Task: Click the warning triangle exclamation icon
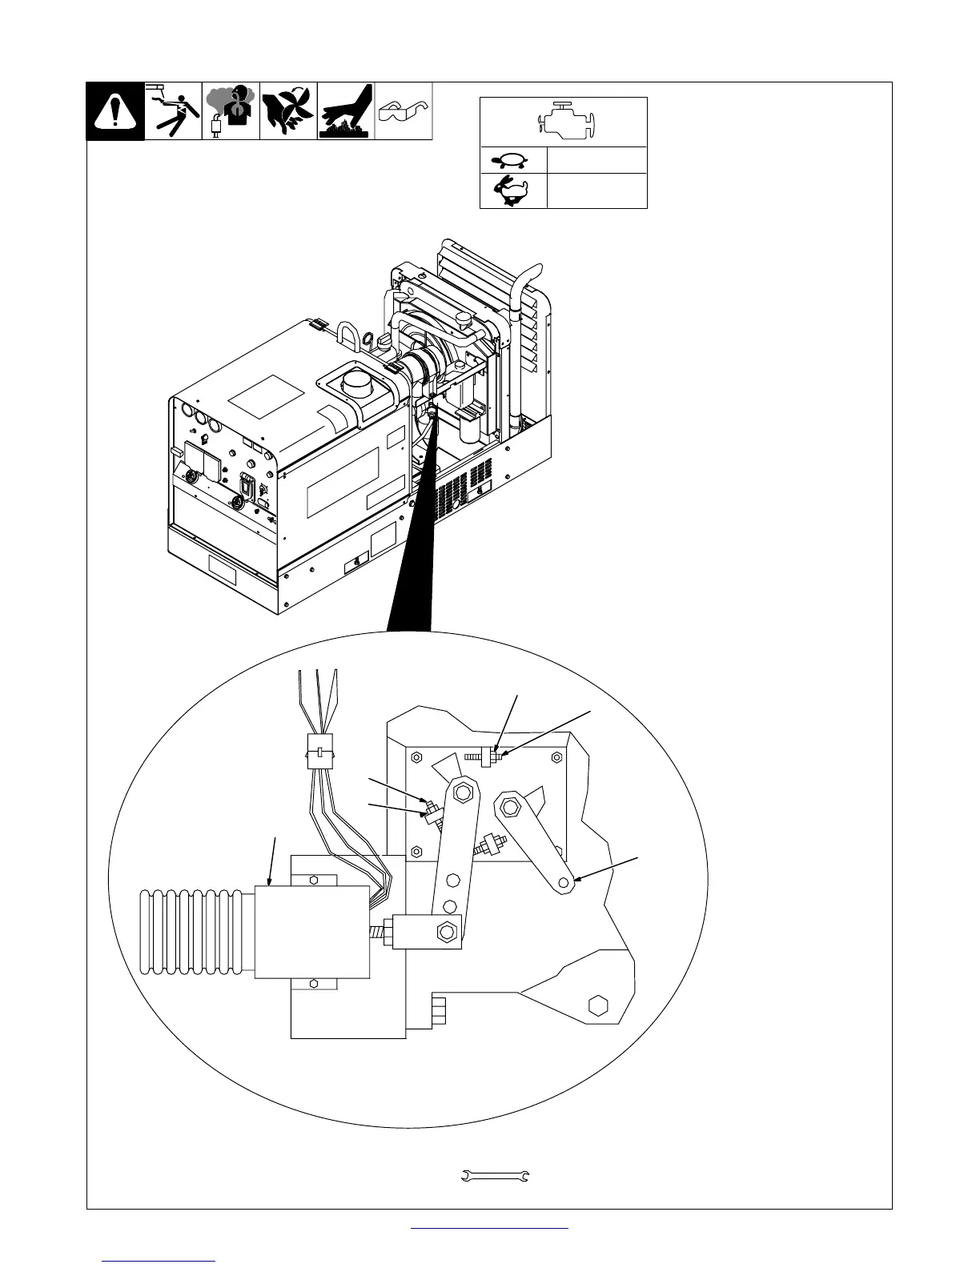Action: pos(115,111)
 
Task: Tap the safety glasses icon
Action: pos(404,110)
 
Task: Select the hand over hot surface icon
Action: pos(346,111)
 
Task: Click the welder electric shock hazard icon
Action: pos(173,111)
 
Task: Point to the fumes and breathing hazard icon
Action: pos(231,111)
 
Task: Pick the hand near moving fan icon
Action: pos(288,111)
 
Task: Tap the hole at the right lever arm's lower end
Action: pos(564,882)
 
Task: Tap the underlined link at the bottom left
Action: pos(159,1262)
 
